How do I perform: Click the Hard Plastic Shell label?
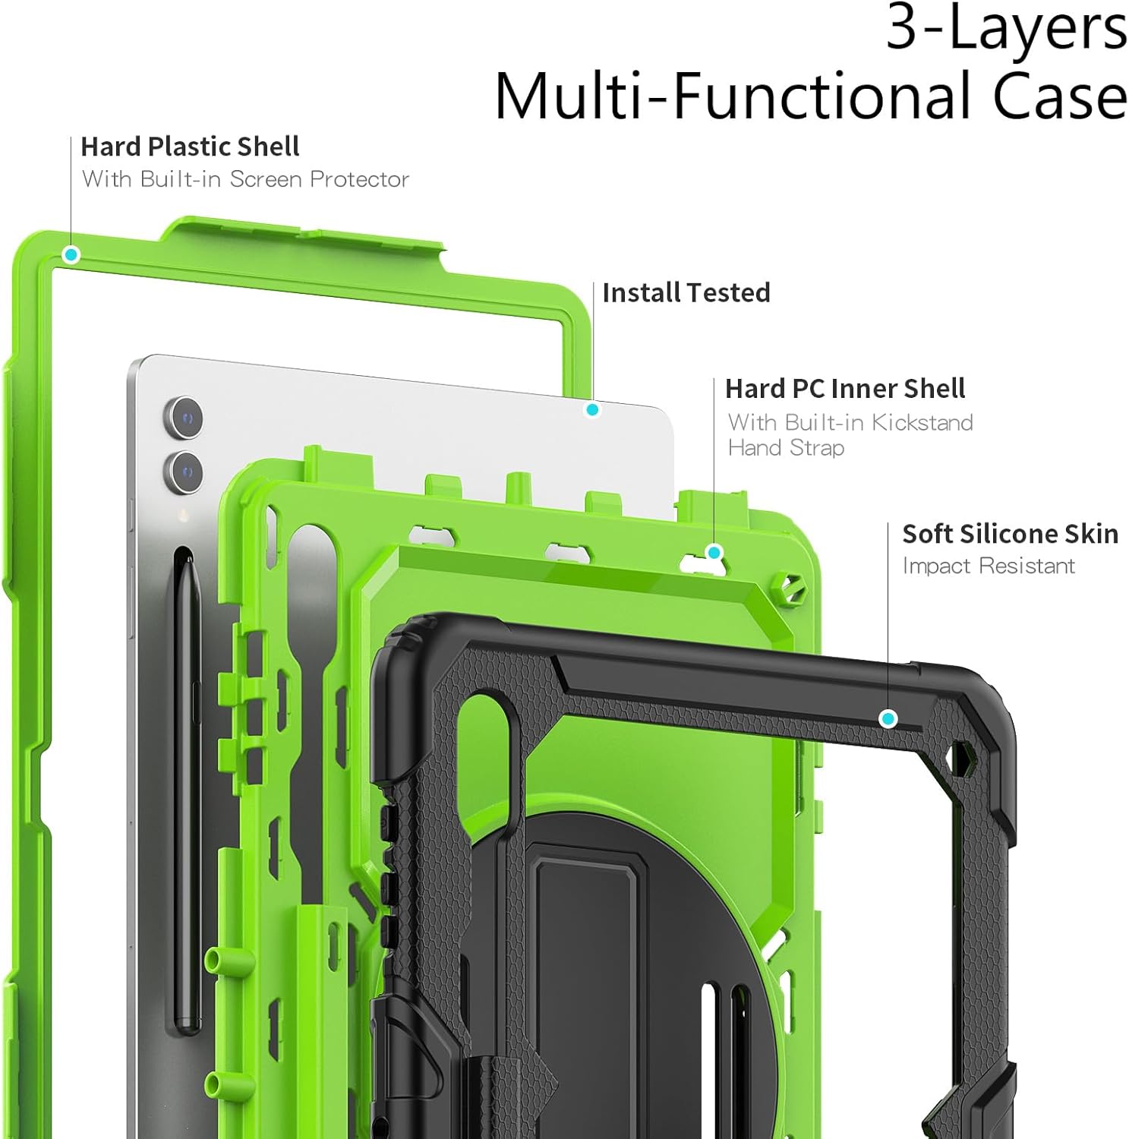pyautogui.click(x=190, y=147)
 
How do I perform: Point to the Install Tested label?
pyautogui.click(x=686, y=292)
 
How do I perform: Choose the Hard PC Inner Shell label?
pyautogui.click(x=844, y=389)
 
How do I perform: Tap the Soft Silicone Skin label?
pyautogui.click(x=1010, y=534)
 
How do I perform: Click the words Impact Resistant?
pyautogui.click(x=988, y=566)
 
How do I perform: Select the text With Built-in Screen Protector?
pyautogui.click(x=245, y=179)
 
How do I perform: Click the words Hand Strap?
pyautogui.click(x=786, y=448)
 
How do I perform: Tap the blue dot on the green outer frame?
pyautogui.click(x=71, y=254)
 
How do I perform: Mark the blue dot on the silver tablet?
pyautogui.click(x=592, y=410)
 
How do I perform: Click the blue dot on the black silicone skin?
pyautogui.click(x=888, y=718)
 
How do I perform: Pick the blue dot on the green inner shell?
pyautogui.click(x=714, y=552)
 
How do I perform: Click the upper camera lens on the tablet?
pyautogui.click(x=184, y=418)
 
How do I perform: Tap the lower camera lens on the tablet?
pyautogui.click(x=184, y=471)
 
